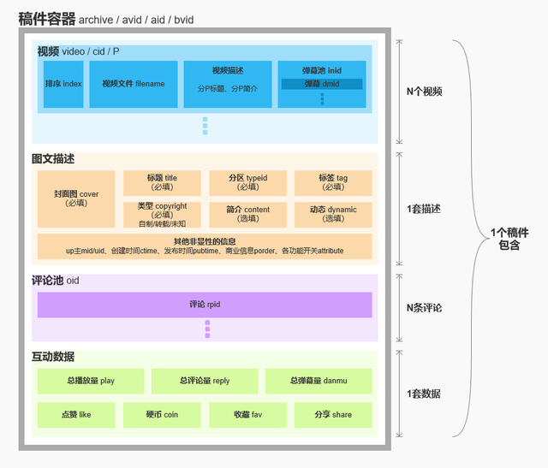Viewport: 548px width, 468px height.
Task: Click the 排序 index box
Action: click(x=63, y=84)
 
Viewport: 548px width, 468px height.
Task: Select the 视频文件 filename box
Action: click(x=133, y=84)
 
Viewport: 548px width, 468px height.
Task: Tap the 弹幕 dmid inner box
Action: click(x=322, y=84)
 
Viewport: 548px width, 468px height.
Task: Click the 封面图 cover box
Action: click(x=76, y=198)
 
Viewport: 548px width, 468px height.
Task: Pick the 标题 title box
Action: click(x=162, y=182)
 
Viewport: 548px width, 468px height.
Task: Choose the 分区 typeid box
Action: click(x=247, y=182)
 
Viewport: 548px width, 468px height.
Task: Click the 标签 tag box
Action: click(x=333, y=182)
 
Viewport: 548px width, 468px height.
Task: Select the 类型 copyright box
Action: click(x=162, y=214)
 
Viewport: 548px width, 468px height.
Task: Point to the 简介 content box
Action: click(x=247, y=214)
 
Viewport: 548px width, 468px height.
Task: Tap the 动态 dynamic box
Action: click(x=333, y=214)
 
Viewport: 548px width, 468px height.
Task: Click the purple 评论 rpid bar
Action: click(x=205, y=305)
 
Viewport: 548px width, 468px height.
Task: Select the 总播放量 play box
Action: click(x=90, y=381)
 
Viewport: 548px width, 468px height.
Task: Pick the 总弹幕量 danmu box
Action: click(x=319, y=381)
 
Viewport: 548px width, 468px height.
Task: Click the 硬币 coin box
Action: click(x=162, y=415)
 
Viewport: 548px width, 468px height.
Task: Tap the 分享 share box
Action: click(x=333, y=415)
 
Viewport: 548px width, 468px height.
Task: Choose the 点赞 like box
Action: click(x=76, y=415)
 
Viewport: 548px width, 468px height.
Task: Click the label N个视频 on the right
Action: click(x=424, y=92)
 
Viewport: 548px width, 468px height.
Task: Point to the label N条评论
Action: click(x=424, y=307)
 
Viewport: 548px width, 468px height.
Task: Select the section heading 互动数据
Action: click(x=53, y=357)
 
